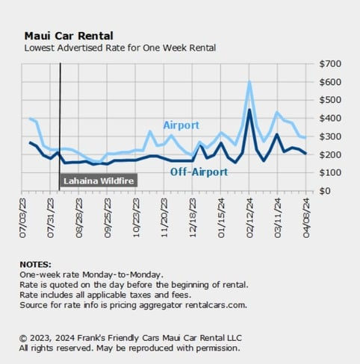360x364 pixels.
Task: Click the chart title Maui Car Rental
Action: (69, 36)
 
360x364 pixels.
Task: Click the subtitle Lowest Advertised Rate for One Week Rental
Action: (120, 48)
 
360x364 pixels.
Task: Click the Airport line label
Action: (181, 125)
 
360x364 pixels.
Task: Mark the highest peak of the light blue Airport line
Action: (249, 82)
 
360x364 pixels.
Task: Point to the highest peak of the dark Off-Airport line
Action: (249, 110)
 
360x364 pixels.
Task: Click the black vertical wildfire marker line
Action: (60, 112)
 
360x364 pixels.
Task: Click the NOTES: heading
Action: (36, 264)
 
